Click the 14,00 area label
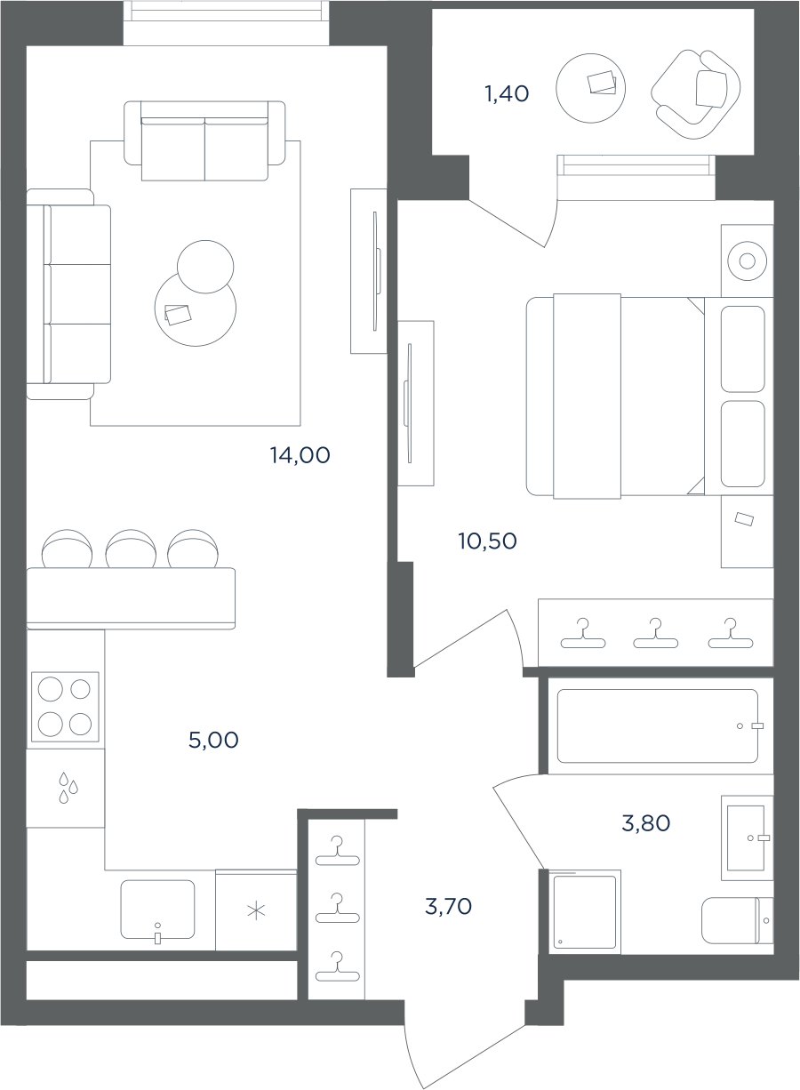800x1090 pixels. (300, 455)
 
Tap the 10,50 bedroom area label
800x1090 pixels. (487, 541)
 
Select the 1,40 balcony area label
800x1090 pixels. (507, 93)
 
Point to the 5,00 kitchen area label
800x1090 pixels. (213, 740)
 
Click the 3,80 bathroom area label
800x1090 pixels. (645, 824)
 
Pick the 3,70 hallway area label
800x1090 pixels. (448, 907)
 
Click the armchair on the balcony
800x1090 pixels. (696, 94)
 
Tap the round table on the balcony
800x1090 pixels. (591, 88)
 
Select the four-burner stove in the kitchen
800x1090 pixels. (65, 707)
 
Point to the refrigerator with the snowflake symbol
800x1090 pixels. (256, 910)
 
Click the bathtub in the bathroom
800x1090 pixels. (658, 726)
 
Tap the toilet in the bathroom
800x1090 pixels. (737, 921)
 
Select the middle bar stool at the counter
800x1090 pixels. (131, 549)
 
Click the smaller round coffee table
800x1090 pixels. (205, 267)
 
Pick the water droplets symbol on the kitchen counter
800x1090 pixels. (68, 787)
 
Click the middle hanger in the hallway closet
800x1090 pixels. (337, 909)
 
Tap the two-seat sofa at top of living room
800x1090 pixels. (204, 141)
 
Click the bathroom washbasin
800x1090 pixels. (748, 838)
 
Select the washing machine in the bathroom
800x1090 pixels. (585, 912)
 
